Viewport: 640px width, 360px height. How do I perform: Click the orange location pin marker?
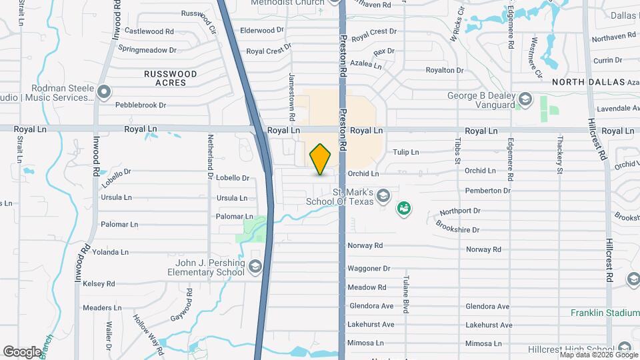point(321,159)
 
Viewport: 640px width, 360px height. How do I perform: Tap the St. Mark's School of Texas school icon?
point(383,195)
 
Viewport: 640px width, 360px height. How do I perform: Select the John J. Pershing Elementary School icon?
point(255,267)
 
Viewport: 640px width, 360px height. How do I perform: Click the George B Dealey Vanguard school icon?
point(525,99)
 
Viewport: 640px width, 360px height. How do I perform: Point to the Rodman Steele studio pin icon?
point(103,92)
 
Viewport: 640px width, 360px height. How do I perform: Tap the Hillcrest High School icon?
point(625,349)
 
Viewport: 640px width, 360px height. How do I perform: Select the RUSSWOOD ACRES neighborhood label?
point(171,78)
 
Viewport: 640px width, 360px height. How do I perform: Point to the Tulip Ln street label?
point(406,152)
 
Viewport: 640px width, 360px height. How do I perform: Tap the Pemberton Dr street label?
point(487,191)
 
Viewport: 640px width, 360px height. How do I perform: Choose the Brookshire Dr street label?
point(457,229)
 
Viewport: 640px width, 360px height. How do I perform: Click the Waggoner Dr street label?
point(368,269)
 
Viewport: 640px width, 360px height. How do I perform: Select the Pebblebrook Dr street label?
point(141,105)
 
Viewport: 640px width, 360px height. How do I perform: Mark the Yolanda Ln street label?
point(110,252)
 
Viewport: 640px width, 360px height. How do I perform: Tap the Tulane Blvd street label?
point(405,294)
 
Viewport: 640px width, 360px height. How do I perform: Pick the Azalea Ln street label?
point(367,66)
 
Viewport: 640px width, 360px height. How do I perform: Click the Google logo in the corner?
point(22,351)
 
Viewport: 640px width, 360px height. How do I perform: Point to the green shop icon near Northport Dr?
point(403,209)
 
